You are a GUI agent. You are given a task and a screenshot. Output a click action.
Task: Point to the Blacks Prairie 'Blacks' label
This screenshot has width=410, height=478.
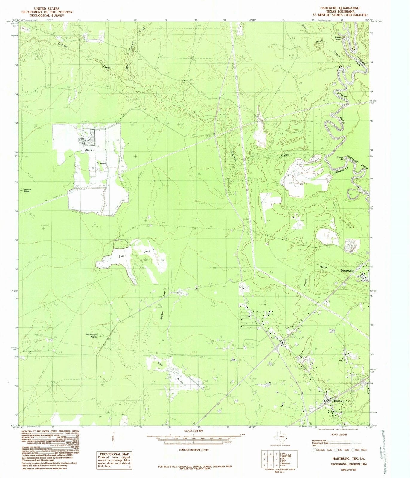[x=89, y=150]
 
